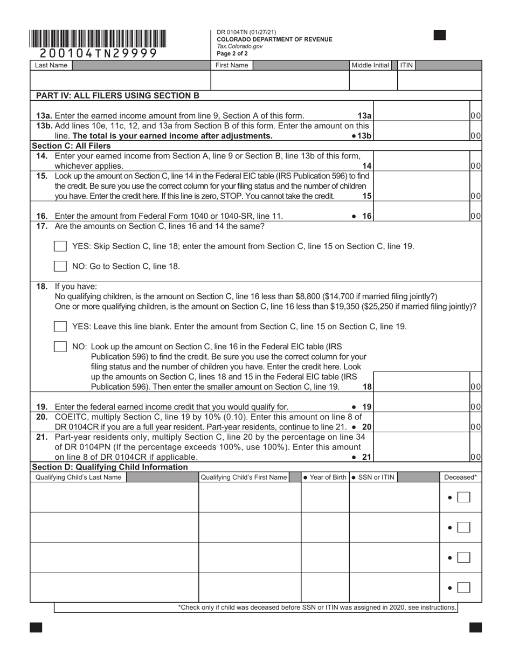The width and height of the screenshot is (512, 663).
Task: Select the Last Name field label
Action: click(51, 65)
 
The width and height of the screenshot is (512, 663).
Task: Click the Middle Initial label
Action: click(370, 65)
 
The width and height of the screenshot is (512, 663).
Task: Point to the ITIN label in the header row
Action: click(406, 65)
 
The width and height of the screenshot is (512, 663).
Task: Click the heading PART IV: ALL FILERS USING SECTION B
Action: click(117, 96)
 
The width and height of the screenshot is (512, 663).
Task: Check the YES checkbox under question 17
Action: click(60, 246)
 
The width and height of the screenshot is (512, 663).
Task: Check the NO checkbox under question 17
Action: click(60, 266)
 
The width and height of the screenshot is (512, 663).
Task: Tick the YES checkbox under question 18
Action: click(60, 327)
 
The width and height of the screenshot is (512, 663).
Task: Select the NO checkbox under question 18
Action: click(60, 347)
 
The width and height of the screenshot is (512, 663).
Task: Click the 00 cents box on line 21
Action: click(475, 457)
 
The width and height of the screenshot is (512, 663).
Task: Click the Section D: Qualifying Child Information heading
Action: click(110, 467)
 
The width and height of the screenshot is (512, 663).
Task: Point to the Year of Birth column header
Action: click(324, 477)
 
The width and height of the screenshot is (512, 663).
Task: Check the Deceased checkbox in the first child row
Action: click(463, 498)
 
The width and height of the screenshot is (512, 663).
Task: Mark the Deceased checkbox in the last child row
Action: click(463, 588)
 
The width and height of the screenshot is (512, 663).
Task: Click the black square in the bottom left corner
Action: click(36, 627)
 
